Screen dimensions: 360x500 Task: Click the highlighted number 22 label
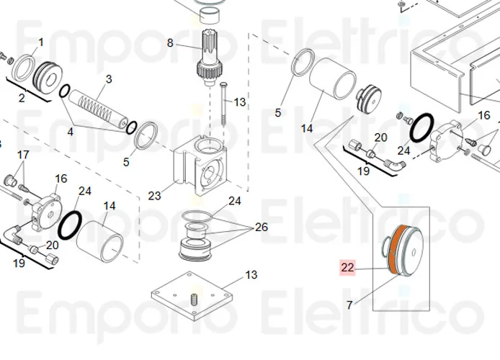tap(348, 267)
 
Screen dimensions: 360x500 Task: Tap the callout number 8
tap(170, 42)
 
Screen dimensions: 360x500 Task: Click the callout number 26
tap(261, 227)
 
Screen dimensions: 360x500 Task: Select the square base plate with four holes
tap(193, 297)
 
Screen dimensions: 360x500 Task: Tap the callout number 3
tap(109, 78)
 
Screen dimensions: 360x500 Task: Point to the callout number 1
tap(41, 42)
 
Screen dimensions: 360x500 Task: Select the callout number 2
tap(22, 97)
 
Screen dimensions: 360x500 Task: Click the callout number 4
tap(71, 132)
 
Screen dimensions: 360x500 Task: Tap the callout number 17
tap(23, 155)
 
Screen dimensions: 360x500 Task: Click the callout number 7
tap(349, 305)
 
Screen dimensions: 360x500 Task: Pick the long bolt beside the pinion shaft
tap(224, 105)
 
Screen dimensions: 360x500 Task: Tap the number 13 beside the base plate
tap(251, 275)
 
